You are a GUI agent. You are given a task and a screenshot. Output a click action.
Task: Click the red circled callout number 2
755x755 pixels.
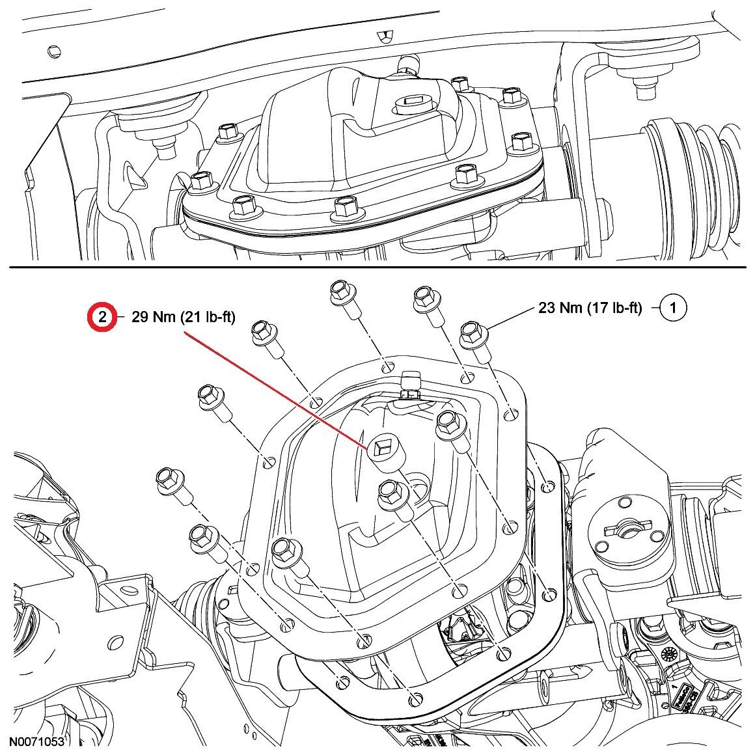click(x=103, y=317)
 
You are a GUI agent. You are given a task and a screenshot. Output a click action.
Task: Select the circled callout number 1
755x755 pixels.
click(x=674, y=307)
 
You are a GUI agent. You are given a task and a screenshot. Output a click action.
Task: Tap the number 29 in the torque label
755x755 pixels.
click(x=141, y=317)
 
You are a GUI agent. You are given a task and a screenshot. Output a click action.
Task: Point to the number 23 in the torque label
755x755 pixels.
click(x=548, y=307)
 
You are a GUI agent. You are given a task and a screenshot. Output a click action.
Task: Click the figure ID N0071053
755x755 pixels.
click(x=36, y=741)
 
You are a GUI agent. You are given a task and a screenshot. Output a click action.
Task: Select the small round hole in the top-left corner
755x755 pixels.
click(x=52, y=49)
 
